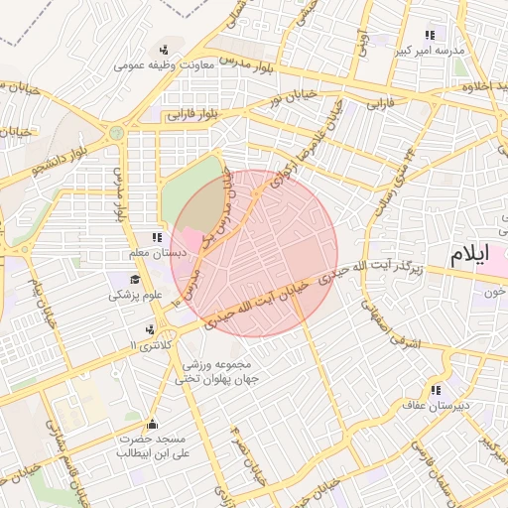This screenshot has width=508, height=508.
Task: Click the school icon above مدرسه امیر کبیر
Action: [x=429, y=35]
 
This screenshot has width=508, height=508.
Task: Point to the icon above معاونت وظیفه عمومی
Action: [x=163, y=50]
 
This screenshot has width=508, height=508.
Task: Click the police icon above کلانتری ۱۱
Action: [x=150, y=328]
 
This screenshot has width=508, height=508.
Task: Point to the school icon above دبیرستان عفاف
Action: [x=435, y=389]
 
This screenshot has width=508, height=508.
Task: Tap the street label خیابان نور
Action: [x=288, y=98]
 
